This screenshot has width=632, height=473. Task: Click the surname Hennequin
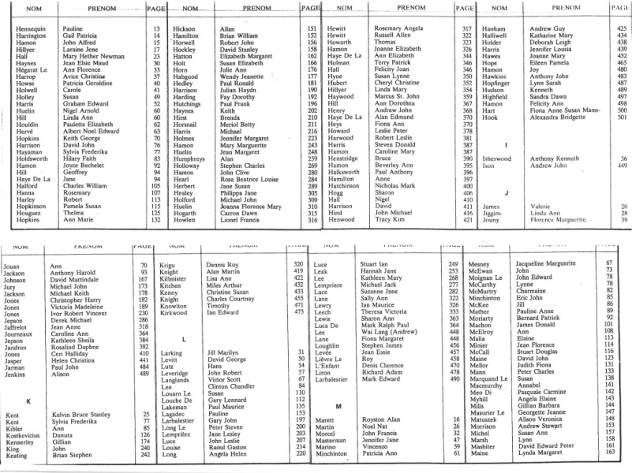point(23,28)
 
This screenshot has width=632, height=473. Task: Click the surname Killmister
point(176,279)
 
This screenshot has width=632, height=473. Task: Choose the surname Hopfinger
point(496,84)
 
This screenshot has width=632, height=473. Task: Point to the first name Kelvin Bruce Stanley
point(80,412)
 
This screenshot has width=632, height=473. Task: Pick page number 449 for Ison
point(623,166)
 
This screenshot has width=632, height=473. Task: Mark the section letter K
point(28,400)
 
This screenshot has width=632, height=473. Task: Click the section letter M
point(337,405)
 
